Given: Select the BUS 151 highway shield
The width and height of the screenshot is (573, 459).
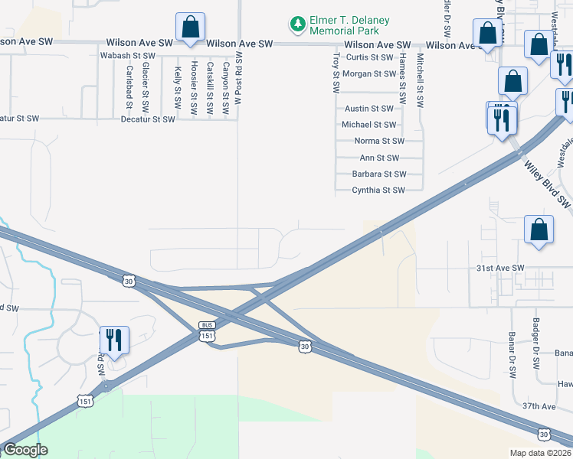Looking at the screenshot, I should coord(206,330).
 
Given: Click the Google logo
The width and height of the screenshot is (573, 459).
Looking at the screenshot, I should coord(25,450).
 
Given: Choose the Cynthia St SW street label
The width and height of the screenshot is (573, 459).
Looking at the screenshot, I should coord(378,190).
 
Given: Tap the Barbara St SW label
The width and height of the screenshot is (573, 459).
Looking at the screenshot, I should coord(378,174).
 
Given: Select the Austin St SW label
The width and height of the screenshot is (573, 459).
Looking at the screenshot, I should coord(368,109).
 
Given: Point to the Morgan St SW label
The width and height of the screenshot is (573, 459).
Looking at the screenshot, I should coord(368,74).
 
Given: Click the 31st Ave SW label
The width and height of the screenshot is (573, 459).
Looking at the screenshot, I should coord(499,268).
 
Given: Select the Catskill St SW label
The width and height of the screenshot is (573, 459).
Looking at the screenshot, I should coord(210,89).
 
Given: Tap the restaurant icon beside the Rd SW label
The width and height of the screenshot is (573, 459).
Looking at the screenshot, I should coord(114,340).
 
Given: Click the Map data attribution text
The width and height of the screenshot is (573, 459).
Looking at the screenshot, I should coord(541,453).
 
